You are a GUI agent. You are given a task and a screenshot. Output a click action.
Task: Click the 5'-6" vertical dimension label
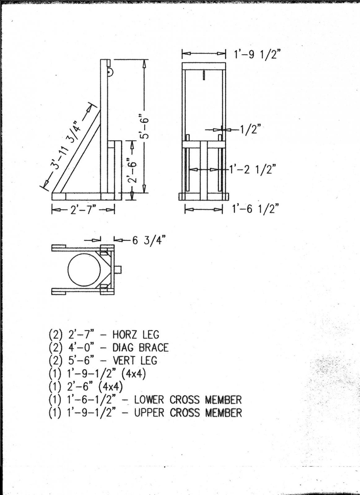144,127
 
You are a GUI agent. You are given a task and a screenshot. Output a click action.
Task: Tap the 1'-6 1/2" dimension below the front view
254,209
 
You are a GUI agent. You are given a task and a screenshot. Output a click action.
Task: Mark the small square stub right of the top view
118,269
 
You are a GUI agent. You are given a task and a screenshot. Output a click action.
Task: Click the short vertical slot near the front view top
204,75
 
